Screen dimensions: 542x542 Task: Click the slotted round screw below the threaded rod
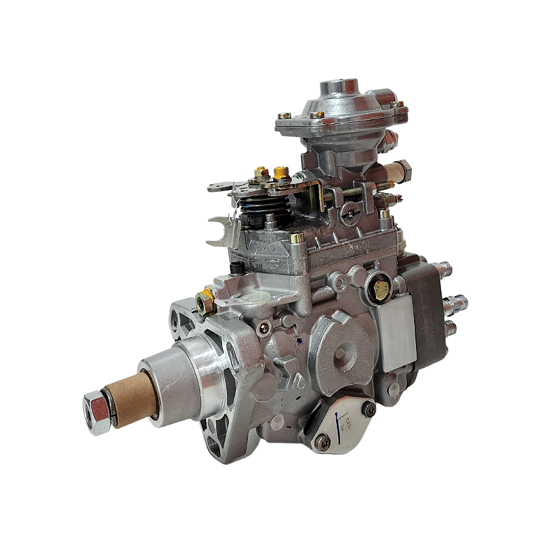350,214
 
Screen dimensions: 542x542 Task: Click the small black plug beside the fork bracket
236,267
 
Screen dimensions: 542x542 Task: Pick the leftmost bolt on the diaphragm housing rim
285,116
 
